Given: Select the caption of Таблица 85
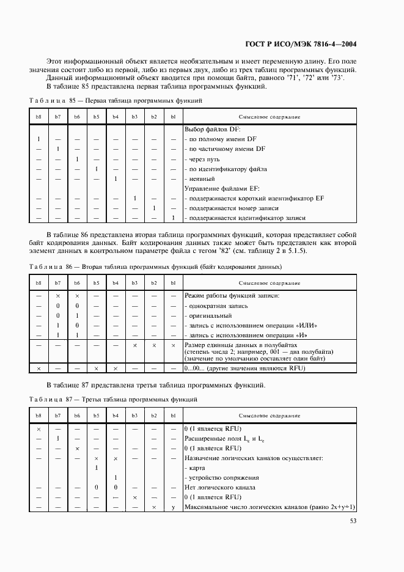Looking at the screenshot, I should coord(116,100).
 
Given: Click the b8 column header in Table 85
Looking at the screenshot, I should coord(39,117).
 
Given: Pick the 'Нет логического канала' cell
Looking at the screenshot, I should coord(219,487).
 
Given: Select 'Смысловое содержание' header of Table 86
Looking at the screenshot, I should coord(269,283).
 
